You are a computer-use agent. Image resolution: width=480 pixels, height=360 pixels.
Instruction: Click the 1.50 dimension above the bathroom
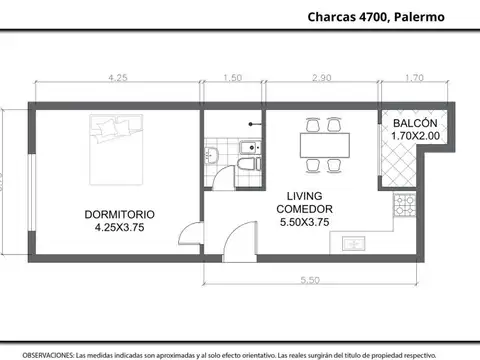232,77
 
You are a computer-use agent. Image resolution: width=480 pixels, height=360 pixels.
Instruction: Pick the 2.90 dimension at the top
322,77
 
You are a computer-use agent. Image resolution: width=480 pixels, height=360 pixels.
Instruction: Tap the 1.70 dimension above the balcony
413,77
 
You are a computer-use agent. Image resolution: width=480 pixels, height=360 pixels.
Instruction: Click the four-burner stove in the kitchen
406,206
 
